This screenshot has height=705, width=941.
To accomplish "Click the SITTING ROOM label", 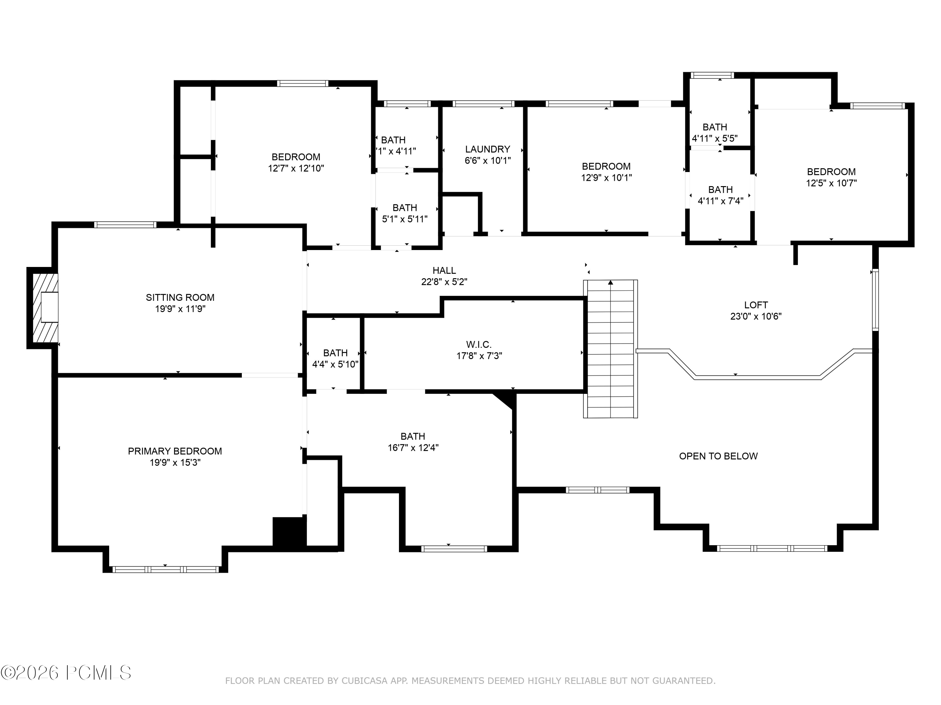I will coord(180,297).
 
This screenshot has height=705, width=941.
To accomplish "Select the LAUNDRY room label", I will coord(487,149).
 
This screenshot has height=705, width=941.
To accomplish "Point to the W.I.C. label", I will coord(479,344).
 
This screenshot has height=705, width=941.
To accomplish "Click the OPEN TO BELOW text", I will coord(718,456).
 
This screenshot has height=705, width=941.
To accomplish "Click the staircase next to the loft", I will coord(610,348).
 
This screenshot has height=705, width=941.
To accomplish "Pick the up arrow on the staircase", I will coord(610,283).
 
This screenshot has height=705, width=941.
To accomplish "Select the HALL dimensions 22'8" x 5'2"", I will coord(444,282).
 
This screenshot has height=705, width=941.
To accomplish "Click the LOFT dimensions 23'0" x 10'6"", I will coord(756,316).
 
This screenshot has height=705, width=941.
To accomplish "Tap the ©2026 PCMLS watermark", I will coord(66,673).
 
